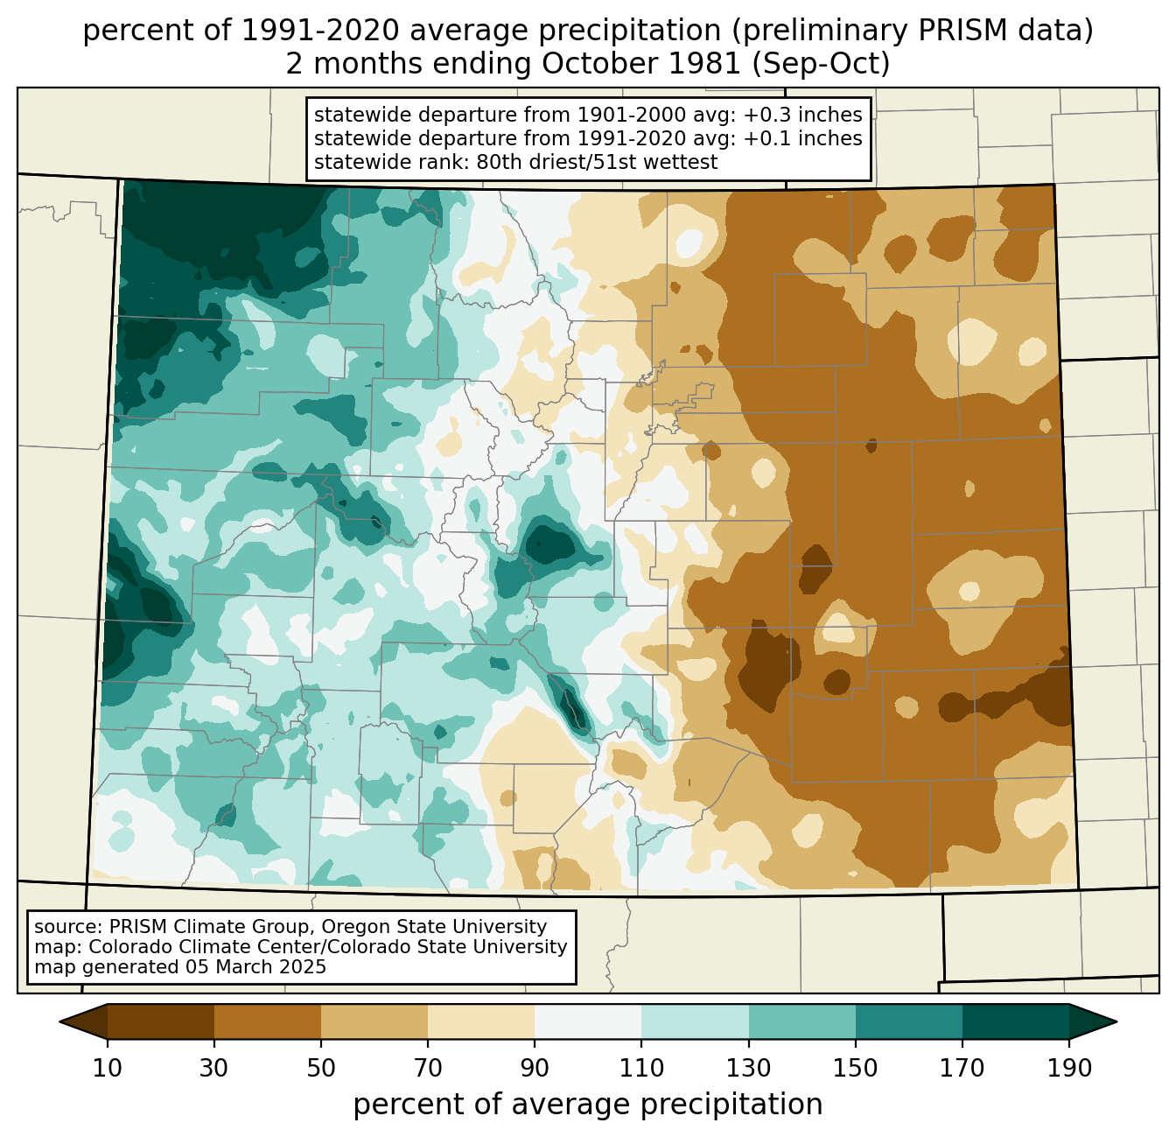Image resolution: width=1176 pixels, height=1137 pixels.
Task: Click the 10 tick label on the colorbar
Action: (x=108, y=1069)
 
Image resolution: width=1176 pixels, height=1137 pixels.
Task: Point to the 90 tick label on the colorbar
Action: (x=535, y=1069)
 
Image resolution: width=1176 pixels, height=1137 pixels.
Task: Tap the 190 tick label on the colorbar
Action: (x=1068, y=1069)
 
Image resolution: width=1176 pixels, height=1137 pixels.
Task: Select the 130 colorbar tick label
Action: (x=749, y=1069)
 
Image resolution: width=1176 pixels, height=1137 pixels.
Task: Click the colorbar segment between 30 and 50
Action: (x=268, y=1021)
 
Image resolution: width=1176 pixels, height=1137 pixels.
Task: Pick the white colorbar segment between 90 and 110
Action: (x=588, y=1021)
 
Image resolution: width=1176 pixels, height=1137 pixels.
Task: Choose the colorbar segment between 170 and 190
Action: (x=1015, y=1021)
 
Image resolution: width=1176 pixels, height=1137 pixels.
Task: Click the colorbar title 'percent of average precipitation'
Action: (x=588, y=1105)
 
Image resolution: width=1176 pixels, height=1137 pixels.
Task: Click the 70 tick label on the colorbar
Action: (x=428, y=1069)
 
